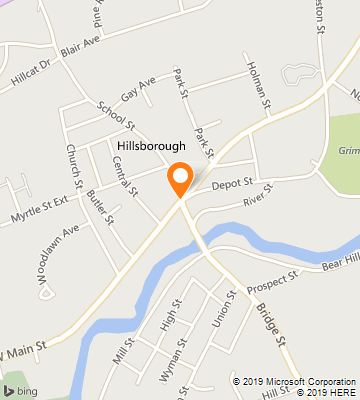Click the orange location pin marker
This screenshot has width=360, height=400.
pos(180,179)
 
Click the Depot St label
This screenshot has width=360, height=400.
pos(232,183)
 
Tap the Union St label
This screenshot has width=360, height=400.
pos(222,310)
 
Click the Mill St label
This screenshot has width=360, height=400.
pos(123,350)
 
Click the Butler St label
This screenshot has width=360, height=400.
pos(100,204)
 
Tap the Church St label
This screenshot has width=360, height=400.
pos(73,165)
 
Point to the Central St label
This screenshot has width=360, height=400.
pos(125,173)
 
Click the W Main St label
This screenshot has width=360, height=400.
pos(27,349)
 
